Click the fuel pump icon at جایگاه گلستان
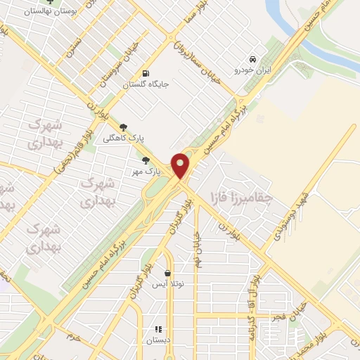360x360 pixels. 146,72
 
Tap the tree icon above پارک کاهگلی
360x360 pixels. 124,127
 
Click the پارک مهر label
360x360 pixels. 148,171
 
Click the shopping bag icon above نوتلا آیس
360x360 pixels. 167,273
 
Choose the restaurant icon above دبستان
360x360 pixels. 158,328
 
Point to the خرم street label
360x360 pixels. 75,334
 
